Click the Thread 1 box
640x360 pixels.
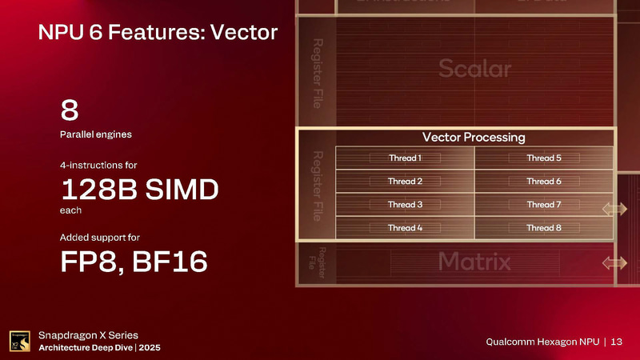pyautogui.click(x=405, y=158)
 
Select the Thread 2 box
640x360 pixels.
pyautogui.click(x=405, y=182)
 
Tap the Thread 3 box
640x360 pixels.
pyautogui.click(x=405, y=205)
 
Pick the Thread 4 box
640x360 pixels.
pyautogui.click(x=405, y=228)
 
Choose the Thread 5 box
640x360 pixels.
pyautogui.click(x=544, y=158)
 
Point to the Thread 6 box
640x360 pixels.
pyautogui.click(x=544, y=182)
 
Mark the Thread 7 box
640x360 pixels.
pyautogui.click(x=544, y=205)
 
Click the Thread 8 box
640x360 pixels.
pyautogui.click(x=544, y=228)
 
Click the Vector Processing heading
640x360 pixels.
pyautogui.click(x=474, y=138)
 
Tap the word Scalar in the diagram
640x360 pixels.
pyautogui.click(x=474, y=70)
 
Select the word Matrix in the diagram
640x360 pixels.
pyautogui.click(x=474, y=261)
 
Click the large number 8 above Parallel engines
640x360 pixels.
pyautogui.click(x=69, y=110)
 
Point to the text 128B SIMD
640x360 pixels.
pyautogui.click(x=139, y=192)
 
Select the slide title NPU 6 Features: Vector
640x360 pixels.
pyautogui.click(x=158, y=33)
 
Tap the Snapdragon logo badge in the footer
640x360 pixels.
pyautogui.click(x=19, y=342)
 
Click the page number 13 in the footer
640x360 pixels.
pyautogui.click(x=616, y=342)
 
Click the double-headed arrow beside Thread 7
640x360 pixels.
pyautogui.click(x=615, y=209)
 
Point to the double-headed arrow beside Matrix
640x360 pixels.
pyautogui.click(x=615, y=262)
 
